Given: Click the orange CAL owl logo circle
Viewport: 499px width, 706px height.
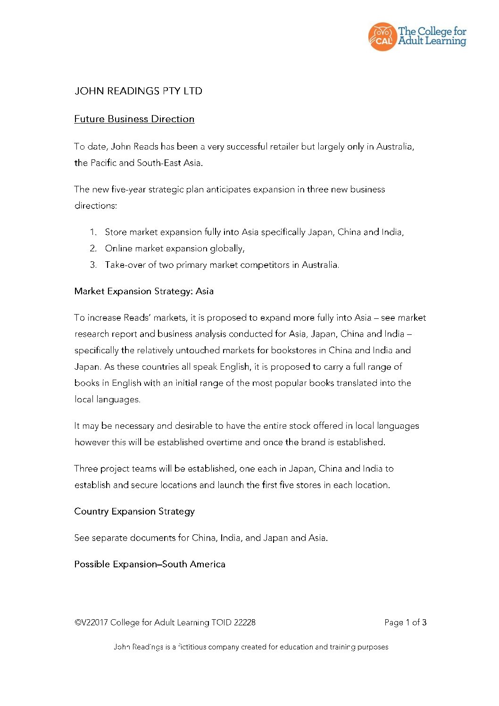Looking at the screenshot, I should point(383,37).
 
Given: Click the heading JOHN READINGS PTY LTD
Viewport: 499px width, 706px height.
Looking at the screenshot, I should point(138,91).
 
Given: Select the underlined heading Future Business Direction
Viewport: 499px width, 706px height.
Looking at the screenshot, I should point(134,119).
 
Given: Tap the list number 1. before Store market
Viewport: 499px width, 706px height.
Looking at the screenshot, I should point(93,232).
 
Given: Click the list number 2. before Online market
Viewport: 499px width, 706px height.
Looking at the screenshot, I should point(93,249).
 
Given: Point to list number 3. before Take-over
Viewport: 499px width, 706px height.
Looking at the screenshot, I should point(93,265).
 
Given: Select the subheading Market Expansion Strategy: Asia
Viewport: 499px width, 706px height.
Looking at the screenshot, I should point(144,291).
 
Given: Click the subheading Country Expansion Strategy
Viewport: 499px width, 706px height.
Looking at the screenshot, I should point(134,512).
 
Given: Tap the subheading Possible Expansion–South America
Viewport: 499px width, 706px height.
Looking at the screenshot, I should point(150,565).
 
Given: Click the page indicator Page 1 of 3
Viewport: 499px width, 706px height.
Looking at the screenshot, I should point(405,623).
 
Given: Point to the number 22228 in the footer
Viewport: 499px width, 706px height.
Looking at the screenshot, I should point(245,623).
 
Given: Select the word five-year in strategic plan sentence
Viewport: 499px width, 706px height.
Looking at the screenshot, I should point(129,190).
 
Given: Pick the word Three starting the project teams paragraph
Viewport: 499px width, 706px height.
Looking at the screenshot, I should point(86,469).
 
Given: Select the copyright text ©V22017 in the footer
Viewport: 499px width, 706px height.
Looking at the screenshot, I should point(91,623).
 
